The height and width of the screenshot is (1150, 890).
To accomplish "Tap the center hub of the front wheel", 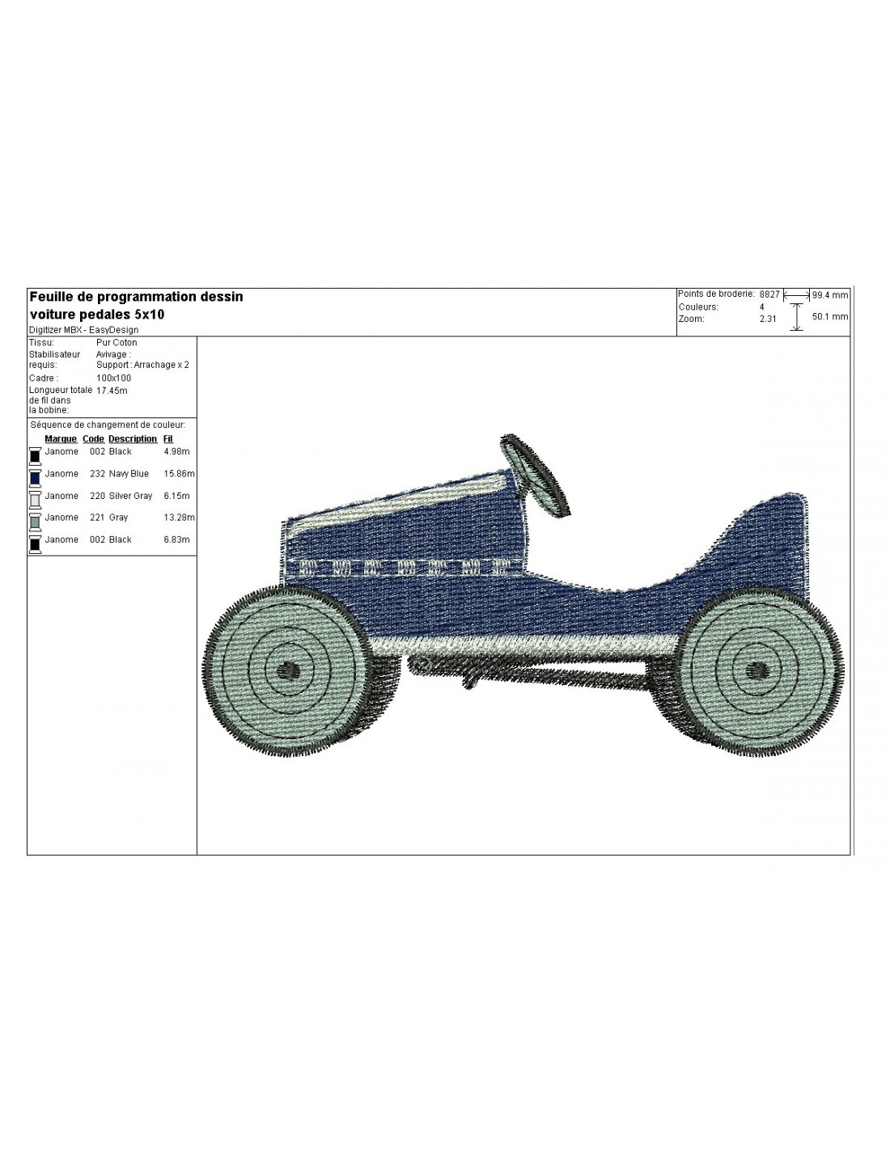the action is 289,671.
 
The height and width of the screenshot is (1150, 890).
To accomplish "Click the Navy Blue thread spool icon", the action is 35,477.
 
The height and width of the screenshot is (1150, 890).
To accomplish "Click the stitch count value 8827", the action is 769,294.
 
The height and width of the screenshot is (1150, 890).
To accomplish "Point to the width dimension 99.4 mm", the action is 829,295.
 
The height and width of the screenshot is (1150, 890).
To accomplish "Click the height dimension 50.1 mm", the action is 829,316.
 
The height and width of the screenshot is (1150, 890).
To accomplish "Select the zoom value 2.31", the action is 768,319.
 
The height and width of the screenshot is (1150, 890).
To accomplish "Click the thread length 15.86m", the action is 179,474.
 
